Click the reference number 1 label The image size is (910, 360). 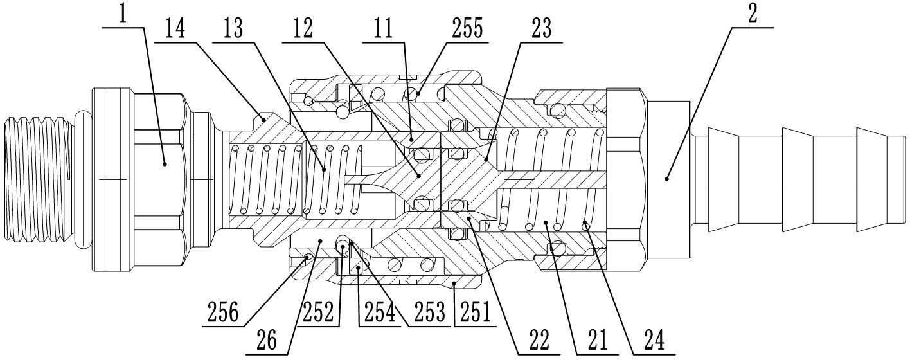(122, 14)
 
